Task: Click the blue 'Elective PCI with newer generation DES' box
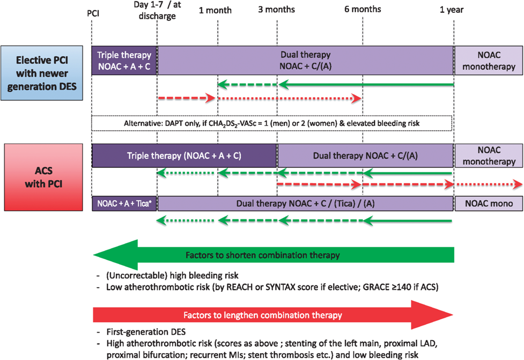[42, 73]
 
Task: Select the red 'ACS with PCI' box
[43, 177]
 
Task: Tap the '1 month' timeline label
[215, 10]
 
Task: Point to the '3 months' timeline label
[276, 9]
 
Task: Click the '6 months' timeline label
[363, 9]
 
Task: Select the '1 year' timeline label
[452, 10]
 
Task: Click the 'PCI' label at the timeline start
[93, 13]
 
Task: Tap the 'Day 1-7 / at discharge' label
[157, 10]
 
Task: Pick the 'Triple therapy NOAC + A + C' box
[124, 61]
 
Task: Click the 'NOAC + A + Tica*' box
[124, 203]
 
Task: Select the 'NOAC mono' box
[489, 203]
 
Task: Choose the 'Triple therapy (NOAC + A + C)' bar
[184, 156]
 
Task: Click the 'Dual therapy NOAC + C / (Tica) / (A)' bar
[306, 203]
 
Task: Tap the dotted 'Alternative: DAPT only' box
[272, 123]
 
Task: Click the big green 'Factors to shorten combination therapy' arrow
[274, 255]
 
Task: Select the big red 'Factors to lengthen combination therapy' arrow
[273, 315]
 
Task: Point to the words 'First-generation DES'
[146, 332]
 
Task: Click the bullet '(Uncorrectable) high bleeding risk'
[172, 276]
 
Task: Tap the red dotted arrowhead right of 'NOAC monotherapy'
[518, 184]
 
